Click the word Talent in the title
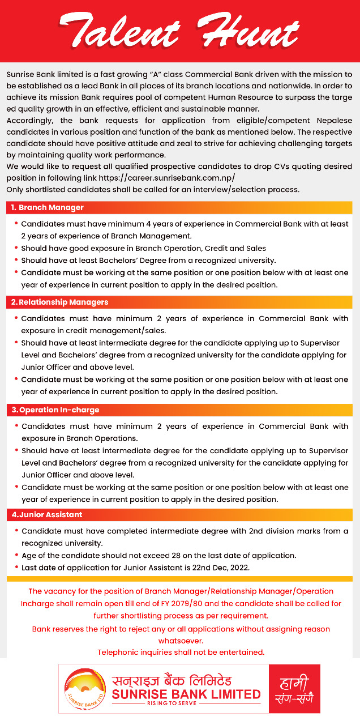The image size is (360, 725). (x=119, y=31)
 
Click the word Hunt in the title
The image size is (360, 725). (x=249, y=31)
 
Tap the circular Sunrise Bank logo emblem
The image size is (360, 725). (x=84, y=689)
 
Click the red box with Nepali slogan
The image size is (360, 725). (x=294, y=689)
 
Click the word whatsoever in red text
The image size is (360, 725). (x=181, y=641)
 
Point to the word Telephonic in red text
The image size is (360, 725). (x=118, y=652)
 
